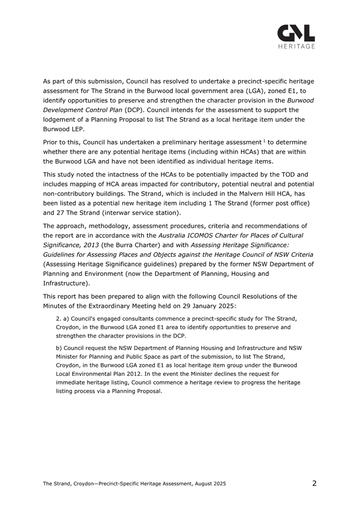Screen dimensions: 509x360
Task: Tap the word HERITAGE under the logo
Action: pos(296,47)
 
